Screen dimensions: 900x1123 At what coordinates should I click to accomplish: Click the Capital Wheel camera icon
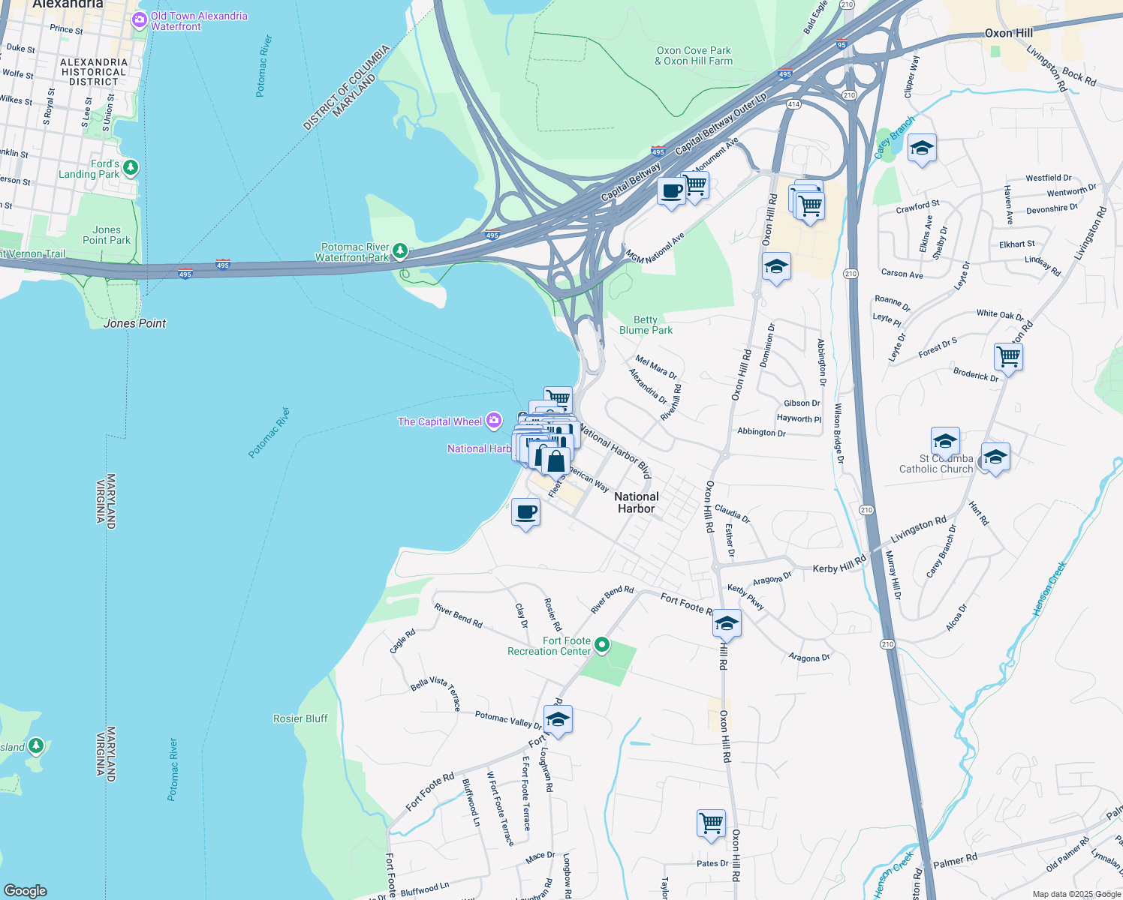click(x=493, y=421)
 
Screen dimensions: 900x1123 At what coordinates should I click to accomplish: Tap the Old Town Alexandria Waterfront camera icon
click(x=139, y=20)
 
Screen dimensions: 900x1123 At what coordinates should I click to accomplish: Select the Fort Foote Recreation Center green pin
click(x=602, y=645)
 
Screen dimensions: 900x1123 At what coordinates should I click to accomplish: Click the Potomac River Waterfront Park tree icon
click(x=400, y=250)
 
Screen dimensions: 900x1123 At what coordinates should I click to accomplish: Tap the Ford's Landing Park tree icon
click(x=131, y=166)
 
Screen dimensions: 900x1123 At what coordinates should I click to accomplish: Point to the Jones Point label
click(x=135, y=323)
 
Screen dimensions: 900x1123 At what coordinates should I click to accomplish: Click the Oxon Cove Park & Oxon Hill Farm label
click(x=694, y=56)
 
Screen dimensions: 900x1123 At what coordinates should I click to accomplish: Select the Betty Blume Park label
click(x=646, y=325)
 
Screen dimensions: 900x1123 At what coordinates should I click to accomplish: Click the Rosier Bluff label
click(x=300, y=718)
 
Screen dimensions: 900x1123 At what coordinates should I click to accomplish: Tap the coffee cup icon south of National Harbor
click(x=525, y=513)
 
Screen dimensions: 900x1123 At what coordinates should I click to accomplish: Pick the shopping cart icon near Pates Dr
click(x=710, y=823)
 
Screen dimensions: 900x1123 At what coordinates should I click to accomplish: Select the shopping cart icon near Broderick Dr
click(x=1008, y=357)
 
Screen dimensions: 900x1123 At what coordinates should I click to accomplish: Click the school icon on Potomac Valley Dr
click(x=558, y=720)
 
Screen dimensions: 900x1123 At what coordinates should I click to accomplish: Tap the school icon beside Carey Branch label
click(x=921, y=148)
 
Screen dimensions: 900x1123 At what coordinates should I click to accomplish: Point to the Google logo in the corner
click(x=26, y=890)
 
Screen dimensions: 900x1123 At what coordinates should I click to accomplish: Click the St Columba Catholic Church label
click(x=936, y=463)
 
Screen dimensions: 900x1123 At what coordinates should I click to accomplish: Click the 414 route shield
click(x=794, y=103)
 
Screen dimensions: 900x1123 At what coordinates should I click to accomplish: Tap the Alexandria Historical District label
click(x=94, y=72)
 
